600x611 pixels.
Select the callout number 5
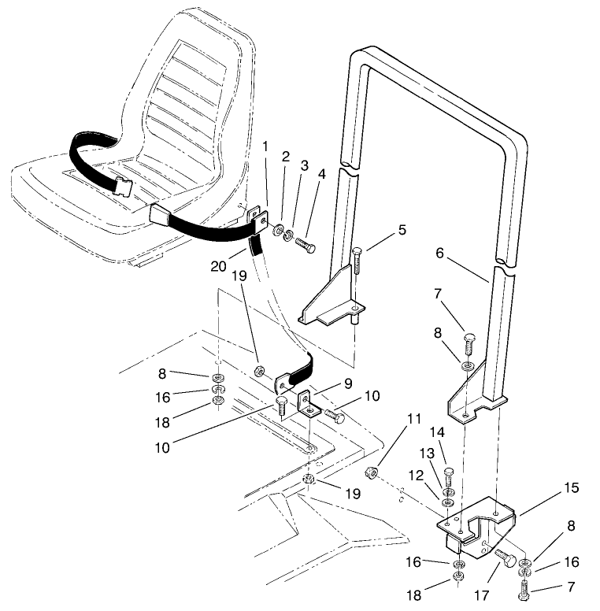tap(402, 230)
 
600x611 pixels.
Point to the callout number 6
tap(439, 254)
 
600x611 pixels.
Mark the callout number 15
tap(572, 487)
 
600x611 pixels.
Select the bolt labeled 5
tap(356, 261)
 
